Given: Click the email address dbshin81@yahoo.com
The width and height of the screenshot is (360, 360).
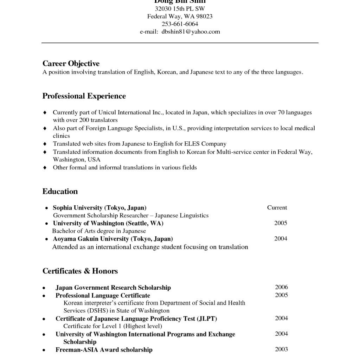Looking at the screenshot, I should [x=191, y=32].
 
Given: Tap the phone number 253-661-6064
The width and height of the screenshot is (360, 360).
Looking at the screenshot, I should [x=180, y=24].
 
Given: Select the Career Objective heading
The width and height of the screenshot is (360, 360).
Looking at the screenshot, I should [x=71, y=64].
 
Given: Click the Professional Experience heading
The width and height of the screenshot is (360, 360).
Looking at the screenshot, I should [x=84, y=96].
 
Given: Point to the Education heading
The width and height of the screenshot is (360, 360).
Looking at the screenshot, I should [x=60, y=192].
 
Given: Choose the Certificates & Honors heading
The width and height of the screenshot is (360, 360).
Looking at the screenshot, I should [x=80, y=271].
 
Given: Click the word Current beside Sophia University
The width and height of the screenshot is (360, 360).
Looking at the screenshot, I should [x=277, y=207].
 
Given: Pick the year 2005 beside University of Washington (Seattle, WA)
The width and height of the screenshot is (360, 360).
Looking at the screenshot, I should [x=281, y=223].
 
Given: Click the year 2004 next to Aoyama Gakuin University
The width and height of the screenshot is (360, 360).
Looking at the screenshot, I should [x=281, y=238].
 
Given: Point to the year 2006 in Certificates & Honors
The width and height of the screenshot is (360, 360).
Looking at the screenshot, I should [x=281, y=287].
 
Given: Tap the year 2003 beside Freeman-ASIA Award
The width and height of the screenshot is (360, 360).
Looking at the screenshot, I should [x=281, y=349].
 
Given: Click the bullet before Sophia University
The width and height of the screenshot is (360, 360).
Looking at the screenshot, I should [x=47, y=208].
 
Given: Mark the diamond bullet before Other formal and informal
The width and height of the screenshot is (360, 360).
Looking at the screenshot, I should [x=45, y=168].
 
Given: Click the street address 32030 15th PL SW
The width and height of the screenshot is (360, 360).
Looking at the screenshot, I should [x=180, y=8].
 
